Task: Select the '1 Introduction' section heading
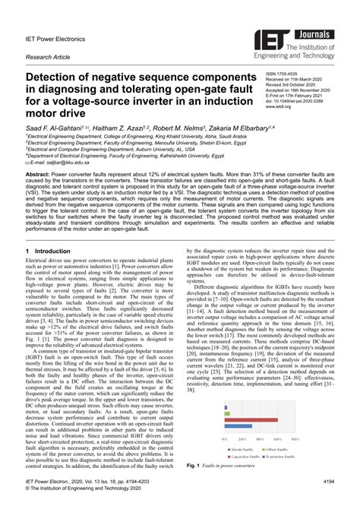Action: point(49,250)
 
